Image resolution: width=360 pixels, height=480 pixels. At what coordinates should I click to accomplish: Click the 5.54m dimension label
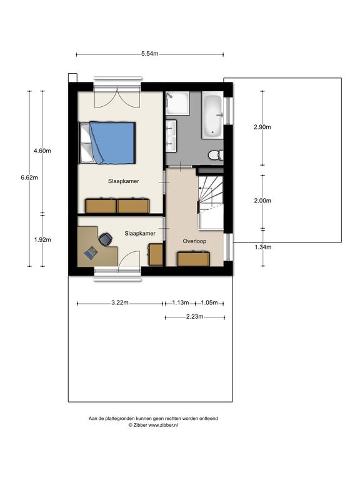[150, 54]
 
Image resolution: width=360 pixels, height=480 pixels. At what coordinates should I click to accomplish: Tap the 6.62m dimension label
[29, 177]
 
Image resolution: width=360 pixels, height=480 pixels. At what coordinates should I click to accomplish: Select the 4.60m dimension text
[42, 151]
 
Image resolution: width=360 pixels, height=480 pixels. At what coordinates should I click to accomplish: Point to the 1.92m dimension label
[42, 240]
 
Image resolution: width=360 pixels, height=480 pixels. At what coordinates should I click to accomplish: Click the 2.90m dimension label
[262, 127]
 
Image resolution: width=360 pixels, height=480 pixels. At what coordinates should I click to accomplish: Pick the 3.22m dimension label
[120, 302]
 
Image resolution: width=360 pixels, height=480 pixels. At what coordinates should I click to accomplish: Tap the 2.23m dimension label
[195, 317]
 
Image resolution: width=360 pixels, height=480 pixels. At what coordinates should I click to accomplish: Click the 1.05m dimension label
[209, 302]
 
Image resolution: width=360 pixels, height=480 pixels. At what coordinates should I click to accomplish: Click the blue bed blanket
[112, 142]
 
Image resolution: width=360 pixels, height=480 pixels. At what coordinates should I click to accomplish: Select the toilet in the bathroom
[216, 155]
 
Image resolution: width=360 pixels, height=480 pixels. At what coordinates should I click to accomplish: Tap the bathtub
[212, 116]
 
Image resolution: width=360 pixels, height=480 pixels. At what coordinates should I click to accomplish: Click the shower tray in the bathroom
[177, 103]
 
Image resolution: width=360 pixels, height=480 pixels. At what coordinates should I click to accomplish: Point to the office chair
[105, 239]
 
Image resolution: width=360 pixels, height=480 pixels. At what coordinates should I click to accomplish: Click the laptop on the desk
[91, 253]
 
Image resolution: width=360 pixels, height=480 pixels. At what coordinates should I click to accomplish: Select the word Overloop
[194, 241]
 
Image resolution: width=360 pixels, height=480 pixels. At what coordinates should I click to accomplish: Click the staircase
[211, 202]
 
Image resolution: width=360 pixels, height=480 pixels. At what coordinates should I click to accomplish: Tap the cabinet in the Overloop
[194, 259]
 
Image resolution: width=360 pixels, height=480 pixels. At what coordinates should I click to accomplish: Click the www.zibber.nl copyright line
[153, 425]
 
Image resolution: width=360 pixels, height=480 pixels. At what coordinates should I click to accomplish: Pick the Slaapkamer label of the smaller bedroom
[140, 234]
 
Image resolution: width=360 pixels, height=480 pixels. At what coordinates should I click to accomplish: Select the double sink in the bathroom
[171, 136]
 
